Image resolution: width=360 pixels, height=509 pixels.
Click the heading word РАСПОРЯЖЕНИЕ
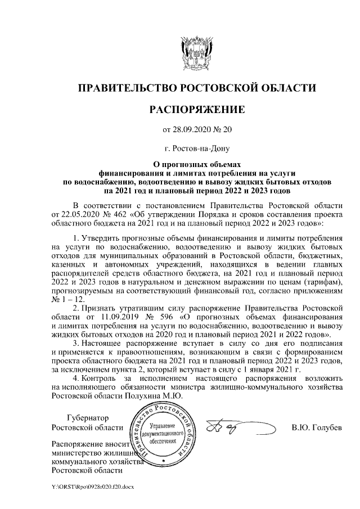[x=196, y=109]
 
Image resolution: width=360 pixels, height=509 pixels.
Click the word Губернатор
[x=87, y=418]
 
